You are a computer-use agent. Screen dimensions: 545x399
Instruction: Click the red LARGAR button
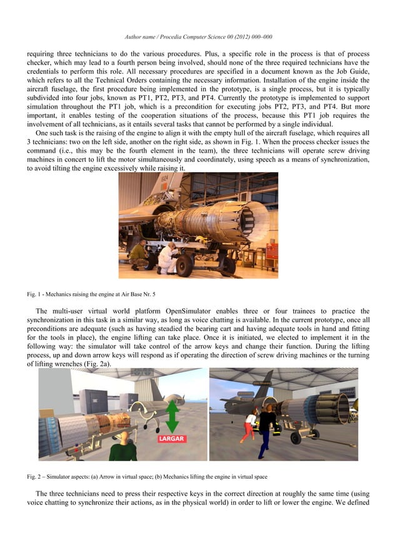tap(170, 439)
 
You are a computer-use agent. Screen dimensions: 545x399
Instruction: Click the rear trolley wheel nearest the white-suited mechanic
tap(185, 265)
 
